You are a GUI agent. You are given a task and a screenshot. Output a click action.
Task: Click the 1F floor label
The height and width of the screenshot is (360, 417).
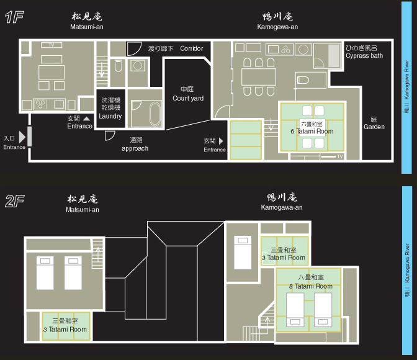pos(14,17)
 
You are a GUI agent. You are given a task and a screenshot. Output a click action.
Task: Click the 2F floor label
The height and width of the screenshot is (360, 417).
pos(15,201)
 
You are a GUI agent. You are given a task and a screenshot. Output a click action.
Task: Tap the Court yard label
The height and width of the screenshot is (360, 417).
pos(188,98)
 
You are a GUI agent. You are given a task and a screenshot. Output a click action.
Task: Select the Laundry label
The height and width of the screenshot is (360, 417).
pos(110,116)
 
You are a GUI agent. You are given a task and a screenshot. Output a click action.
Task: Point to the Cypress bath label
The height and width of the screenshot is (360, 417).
pos(364,56)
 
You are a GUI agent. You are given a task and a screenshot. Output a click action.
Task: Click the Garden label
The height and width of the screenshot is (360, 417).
pos(374,127)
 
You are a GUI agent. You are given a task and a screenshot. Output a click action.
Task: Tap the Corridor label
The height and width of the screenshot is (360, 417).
pos(192,48)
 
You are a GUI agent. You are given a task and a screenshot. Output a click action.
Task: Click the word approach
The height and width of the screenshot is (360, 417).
pos(135,148)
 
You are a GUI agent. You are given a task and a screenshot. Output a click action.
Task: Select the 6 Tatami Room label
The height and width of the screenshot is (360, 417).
pos(312,131)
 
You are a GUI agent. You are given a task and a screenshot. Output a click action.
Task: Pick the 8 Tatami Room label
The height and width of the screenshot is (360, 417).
pos(311,286)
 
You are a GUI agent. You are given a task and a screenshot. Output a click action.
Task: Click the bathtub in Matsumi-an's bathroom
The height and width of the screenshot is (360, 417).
pos(155,114)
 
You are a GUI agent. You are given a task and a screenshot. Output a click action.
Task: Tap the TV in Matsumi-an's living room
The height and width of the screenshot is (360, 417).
pos(52,45)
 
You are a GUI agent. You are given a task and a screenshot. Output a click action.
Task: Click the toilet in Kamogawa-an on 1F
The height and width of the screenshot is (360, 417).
pos(303,80)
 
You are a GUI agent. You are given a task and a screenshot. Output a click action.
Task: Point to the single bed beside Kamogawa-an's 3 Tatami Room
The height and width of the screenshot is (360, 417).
pos(243,252)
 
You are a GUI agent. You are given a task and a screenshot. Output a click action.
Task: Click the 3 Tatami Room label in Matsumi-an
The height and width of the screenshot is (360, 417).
pos(65,330)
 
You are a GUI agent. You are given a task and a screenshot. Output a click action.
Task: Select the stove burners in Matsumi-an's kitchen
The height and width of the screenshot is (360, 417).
pos(40,104)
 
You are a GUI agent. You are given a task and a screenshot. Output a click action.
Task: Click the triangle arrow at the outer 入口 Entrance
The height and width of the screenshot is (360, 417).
pos(22,137)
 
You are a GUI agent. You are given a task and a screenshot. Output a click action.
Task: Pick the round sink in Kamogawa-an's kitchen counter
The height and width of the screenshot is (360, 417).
pos(303,50)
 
